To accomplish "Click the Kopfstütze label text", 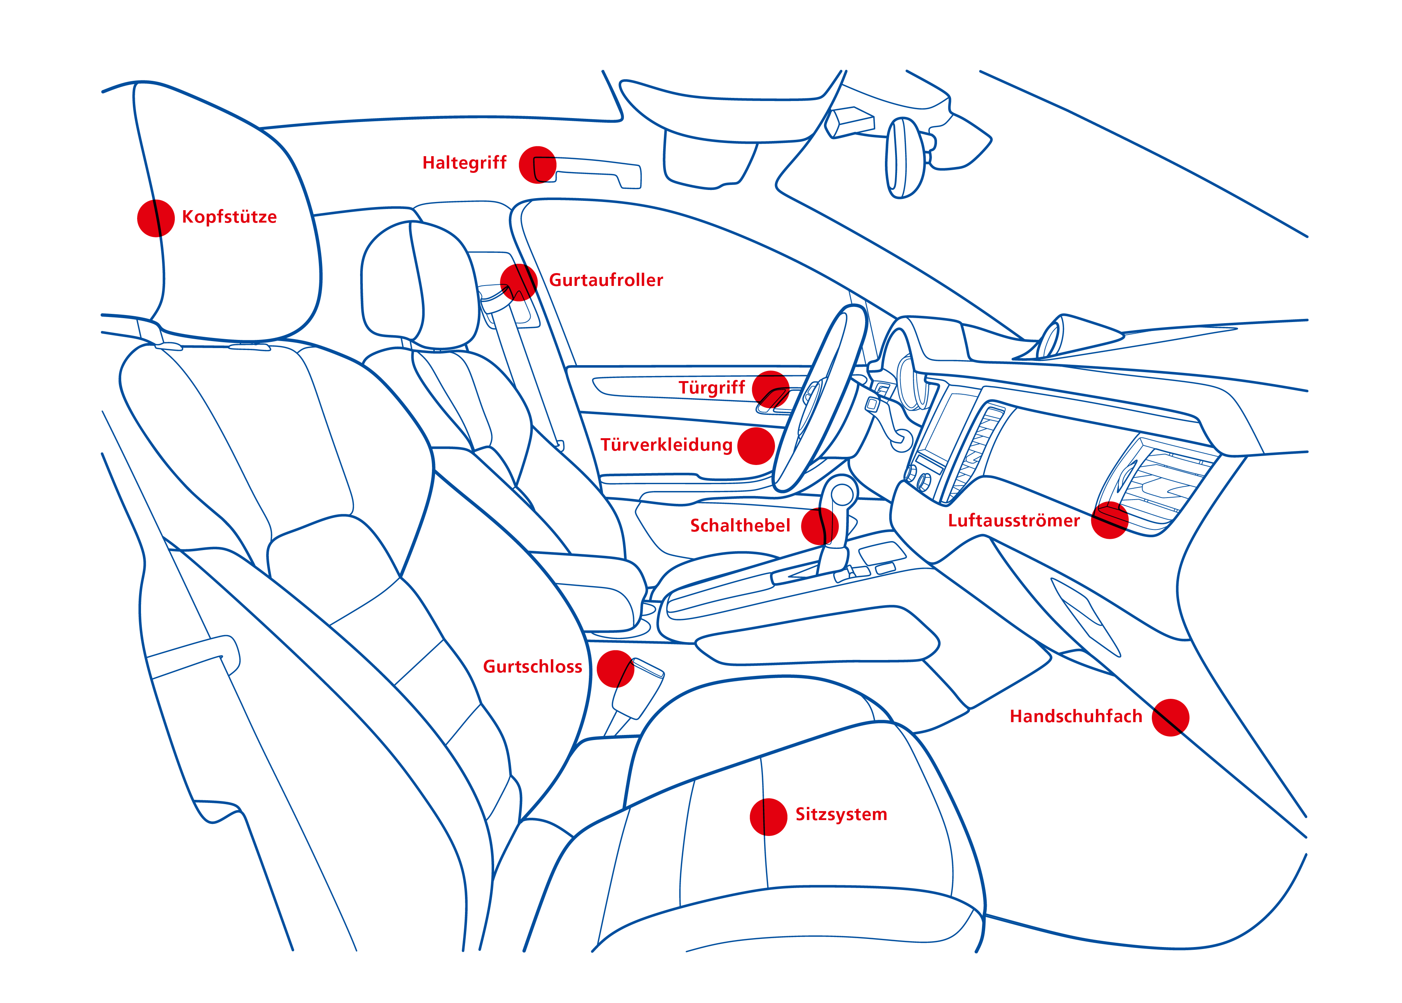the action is point(229,217).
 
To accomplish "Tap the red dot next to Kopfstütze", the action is point(156,218).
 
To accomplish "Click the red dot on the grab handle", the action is point(537,165).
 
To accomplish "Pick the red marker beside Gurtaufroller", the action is point(519,282).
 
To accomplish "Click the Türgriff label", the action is point(712,388).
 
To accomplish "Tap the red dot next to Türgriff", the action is point(771,390).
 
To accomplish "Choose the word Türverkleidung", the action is point(666,445).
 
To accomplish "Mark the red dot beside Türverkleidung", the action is point(756,446).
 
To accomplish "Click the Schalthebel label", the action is point(740,526).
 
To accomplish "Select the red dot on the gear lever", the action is point(820,526).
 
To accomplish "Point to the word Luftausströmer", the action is point(1014,521).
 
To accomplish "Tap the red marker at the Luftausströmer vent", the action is point(1110,520).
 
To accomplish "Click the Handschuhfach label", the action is point(1076,716).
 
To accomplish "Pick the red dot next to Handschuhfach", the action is point(1170,717).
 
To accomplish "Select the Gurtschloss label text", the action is point(532,667).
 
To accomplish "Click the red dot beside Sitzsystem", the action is point(768,817).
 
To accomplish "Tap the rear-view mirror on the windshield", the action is point(906,158).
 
